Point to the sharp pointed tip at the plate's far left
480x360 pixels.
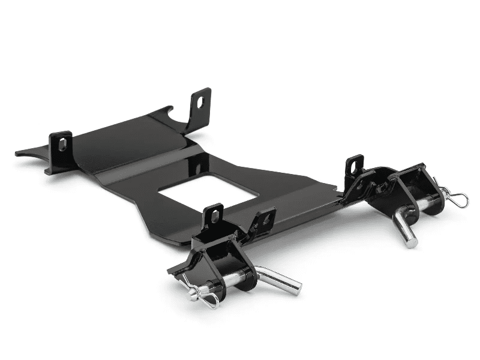pyautogui.click(x=17, y=153)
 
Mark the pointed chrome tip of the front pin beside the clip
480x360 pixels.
pyautogui.click(x=191, y=294)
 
